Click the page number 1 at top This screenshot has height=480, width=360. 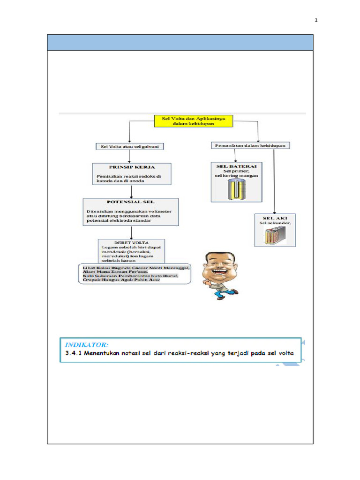pyautogui.click(x=316, y=21)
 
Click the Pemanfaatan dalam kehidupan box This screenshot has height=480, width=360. pyautogui.click(x=251, y=146)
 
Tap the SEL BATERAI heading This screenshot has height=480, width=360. pyautogui.click(x=236, y=166)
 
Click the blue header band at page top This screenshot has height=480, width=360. pyautogui.click(x=180, y=42)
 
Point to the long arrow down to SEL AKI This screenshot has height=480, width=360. pyautogui.click(x=274, y=183)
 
